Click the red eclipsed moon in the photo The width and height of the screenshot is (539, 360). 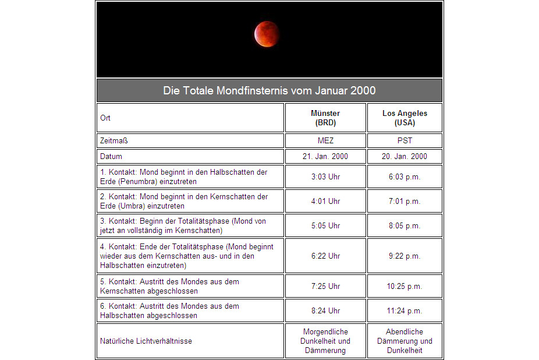pos(267,34)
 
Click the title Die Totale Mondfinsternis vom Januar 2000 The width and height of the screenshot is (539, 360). pos(269,91)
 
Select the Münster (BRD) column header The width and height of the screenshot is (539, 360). pos(325,118)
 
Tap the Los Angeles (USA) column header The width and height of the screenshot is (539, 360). pos(405,118)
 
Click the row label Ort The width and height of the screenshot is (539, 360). pos(105,118)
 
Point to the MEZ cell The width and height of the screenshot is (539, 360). pos(325,141)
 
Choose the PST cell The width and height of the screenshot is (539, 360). pos(405,141)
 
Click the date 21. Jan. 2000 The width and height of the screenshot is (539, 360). pos(325,157)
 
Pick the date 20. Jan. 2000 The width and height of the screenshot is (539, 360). pos(405,157)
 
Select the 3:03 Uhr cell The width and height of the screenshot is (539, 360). pos(325,177)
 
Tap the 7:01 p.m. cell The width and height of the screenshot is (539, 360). pos(405,201)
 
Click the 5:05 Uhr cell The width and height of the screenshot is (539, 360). pos(325,225)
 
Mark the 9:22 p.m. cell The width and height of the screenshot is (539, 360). pos(405,256)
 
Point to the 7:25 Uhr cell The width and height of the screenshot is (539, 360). pos(325,286)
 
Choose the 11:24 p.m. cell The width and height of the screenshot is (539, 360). pos(405,310)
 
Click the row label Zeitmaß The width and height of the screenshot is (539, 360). pos(114,141)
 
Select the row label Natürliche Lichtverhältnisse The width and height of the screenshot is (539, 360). pos(146,341)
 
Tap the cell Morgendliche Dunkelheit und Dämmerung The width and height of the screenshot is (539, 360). pos(325,341)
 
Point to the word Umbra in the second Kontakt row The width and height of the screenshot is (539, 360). pos(132,206)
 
